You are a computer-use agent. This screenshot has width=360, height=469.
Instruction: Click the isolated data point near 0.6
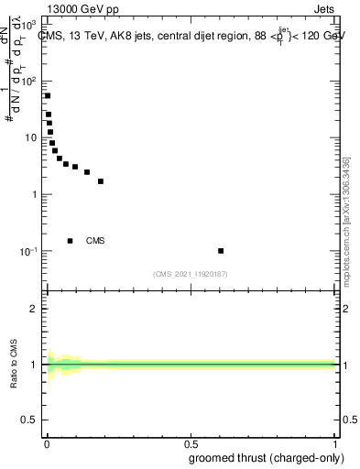click(x=221, y=250)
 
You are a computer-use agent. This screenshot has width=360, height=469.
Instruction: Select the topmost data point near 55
click(x=48, y=95)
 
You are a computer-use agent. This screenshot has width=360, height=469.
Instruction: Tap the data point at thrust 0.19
click(x=101, y=181)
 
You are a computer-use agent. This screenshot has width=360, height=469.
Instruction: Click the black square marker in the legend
click(x=70, y=241)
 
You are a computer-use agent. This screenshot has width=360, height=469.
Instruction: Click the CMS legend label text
click(x=95, y=241)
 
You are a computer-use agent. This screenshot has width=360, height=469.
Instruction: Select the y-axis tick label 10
click(x=31, y=137)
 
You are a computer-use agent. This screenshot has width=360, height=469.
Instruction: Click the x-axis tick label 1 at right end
click(x=335, y=445)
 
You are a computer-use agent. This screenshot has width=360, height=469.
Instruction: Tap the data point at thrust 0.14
click(x=87, y=172)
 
